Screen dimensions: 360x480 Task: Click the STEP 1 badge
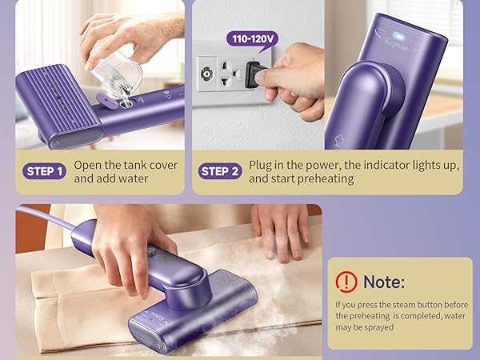point(45,171)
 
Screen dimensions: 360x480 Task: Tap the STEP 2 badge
point(220,171)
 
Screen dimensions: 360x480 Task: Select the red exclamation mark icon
point(346,281)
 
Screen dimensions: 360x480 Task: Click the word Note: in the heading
point(384,281)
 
